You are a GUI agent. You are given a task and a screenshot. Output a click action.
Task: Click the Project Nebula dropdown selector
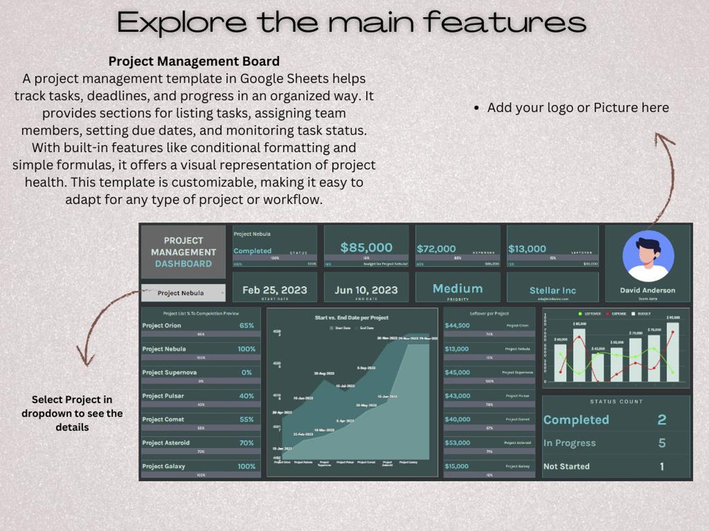[x=183, y=293]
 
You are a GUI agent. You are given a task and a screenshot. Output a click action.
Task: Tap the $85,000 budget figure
[x=366, y=247]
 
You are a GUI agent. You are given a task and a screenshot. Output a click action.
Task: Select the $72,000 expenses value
[x=436, y=249]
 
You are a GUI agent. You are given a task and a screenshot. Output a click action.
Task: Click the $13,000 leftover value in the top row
[x=527, y=249]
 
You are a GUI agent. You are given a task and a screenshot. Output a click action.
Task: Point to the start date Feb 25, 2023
[x=275, y=290]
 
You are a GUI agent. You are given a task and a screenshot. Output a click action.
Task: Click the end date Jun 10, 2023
[x=366, y=290]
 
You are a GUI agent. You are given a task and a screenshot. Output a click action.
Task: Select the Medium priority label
[x=458, y=288]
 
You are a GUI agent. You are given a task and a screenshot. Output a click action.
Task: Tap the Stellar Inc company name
[x=553, y=290]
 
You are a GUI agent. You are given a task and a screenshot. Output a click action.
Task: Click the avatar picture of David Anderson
[x=648, y=256]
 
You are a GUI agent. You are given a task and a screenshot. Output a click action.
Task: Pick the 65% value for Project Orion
[x=246, y=325]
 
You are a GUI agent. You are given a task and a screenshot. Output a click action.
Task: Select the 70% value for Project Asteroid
[x=246, y=443]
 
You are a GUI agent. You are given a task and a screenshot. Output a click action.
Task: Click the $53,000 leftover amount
[x=457, y=443]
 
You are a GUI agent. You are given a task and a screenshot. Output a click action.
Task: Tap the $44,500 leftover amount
[x=457, y=325]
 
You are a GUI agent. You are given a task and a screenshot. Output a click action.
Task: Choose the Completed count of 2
[x=662, y=420]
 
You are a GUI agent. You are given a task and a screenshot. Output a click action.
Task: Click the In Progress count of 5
[x=662, y=443]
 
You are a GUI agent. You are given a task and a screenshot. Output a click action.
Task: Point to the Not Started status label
[x=566, y=466]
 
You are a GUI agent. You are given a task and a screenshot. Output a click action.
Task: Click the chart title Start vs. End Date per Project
[x=351, y=317]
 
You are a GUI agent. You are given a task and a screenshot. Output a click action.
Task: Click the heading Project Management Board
[x=194, y=61]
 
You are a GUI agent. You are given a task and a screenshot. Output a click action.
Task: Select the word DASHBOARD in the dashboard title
[x=183, y=263]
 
